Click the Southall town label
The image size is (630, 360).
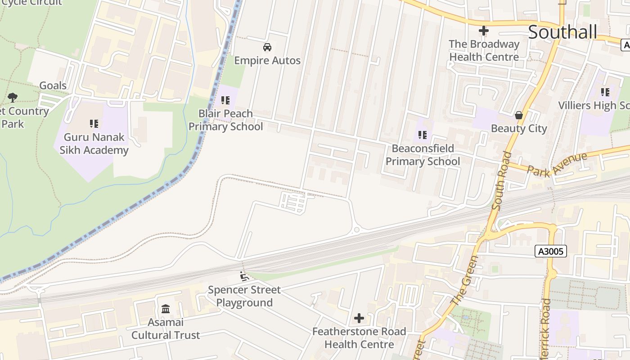click(x=562, y=32)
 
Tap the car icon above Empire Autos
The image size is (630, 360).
click(x=267, y=47)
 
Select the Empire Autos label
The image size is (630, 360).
click(x=267, y=61)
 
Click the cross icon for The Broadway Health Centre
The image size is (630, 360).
click(x=484, y=31)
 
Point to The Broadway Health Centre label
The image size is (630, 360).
click(x=484, y=50)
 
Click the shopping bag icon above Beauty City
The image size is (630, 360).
click(x=519, y=115)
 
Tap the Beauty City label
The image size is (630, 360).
click(x=519, y=129)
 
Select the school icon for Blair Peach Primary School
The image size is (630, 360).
click(x=225, y=100)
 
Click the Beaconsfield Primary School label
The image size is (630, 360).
click(x=423, y=155)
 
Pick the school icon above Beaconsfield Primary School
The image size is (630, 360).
click(x=422, y=135)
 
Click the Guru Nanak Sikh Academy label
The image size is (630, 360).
click(x=94, y=144)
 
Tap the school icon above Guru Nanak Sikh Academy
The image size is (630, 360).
click(x=94, y=123)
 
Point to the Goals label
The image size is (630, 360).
click(x=53, y=85)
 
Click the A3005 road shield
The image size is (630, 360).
click(x=551, y=251)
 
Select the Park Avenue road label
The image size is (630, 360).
click(x=557, y=165)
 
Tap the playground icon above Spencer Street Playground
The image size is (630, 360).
click(x=244, y=276)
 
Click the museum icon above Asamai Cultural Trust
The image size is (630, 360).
click(x=166, y=309)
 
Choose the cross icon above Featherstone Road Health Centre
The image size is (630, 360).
click(x=359, y=319)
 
